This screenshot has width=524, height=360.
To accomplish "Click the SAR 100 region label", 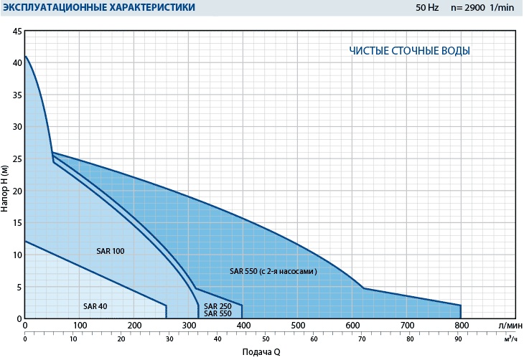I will [111, 252].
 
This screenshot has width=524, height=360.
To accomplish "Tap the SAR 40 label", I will [95, 306].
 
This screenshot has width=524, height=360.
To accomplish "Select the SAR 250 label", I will [218, 306].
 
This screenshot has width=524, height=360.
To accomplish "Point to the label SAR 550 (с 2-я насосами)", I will [273, 272].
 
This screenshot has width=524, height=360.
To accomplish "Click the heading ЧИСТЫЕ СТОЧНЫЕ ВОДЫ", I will [410, 51].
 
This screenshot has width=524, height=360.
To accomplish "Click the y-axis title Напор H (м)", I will [6, 188].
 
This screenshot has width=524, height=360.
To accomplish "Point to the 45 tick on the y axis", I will [17, 32].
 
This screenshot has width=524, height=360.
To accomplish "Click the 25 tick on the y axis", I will [17, 159].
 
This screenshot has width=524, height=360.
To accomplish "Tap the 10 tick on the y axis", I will [17, 255].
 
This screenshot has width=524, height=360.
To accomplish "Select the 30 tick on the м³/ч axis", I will [168, 338].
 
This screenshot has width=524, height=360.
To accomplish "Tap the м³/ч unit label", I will [508, 338].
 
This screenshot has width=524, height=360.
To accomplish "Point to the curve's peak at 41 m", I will [26, 57].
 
